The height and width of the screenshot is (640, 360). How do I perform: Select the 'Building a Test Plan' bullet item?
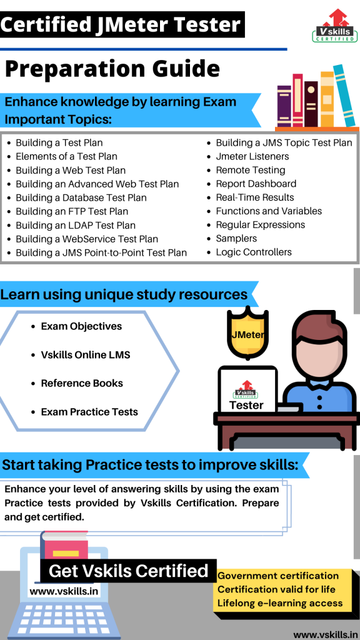point(59,142)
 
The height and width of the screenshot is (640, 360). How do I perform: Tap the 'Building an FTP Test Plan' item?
point(72,211)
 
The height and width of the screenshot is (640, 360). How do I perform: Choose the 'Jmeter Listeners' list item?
point(252,156)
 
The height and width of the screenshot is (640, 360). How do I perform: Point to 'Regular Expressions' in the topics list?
point(260,225)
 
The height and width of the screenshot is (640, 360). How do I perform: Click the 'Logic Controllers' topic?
point(253,252)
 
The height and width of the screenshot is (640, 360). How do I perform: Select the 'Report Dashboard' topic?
point(256,184)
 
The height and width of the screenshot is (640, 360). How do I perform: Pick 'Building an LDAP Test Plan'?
point(75,225)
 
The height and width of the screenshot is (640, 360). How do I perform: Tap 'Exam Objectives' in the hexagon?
point(81,326)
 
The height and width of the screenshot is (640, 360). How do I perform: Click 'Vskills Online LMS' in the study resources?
point(85,355)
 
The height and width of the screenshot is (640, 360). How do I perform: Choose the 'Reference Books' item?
point(82,383)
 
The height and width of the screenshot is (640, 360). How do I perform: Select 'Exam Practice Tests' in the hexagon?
point(89,412)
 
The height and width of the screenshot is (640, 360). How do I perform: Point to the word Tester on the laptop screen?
point(247,405)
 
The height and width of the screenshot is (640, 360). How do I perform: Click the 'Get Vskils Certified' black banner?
point(128,571)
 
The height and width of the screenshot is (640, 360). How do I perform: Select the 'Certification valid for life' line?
point(276,589)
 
